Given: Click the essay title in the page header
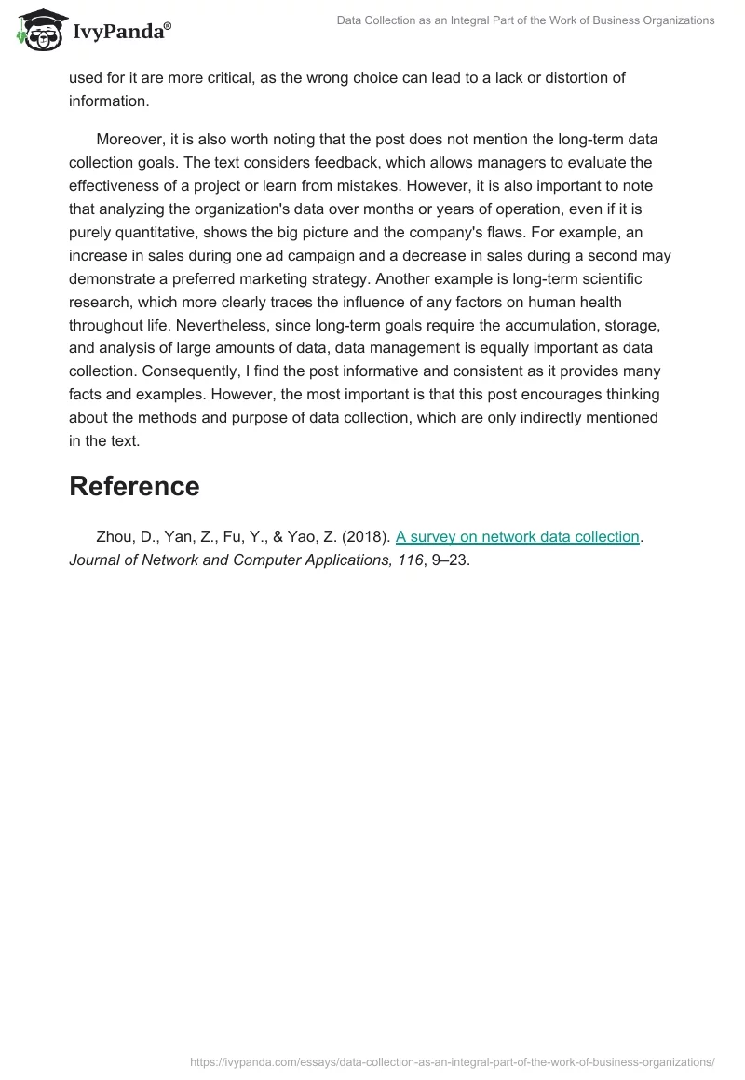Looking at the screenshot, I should [x=525, y=20].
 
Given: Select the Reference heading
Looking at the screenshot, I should [x=134, y=486].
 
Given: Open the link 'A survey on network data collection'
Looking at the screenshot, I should [x=517, y=537].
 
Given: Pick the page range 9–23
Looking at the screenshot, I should [x=451, y=561].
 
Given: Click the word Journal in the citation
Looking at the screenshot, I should [x=97, y=561].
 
